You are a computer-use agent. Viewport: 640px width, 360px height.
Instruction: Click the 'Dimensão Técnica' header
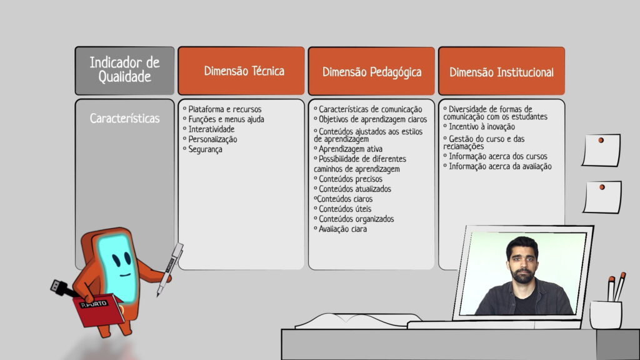(244, 71)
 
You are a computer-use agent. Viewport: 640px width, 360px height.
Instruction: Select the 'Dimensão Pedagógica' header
(371, 72)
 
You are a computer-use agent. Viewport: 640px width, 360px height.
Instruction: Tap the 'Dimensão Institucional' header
(501, 72)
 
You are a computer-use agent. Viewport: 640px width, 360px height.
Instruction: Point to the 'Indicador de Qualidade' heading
(124, 70)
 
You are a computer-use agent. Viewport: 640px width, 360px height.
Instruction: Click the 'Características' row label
(124, 118)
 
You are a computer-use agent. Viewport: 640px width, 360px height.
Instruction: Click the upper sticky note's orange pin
(601, 140)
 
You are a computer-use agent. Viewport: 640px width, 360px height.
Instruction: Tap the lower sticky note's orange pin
(602, 187)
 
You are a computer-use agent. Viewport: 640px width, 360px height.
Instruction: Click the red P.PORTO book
(98, 310)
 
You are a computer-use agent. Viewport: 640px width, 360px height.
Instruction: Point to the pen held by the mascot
(170, 269)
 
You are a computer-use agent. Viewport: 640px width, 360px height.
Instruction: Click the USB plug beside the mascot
(62, 287)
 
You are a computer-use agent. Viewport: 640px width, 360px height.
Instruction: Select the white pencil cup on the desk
(606, 315)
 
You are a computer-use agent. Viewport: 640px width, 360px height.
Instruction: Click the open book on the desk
(358, 321)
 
